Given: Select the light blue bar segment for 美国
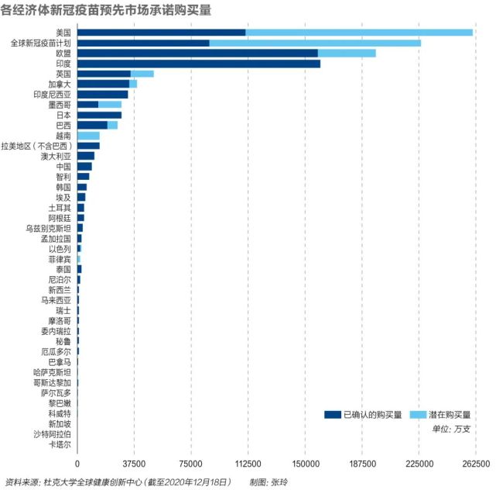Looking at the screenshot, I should pyautogui.click(x=359, y=33).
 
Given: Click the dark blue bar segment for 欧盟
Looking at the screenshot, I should pyautogui.click(x=197, y=53).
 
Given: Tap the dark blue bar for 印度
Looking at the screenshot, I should pyautogui.click(x=199, y=64).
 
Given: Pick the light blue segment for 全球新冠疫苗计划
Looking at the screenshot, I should pyautogui.click(x=315, y=43).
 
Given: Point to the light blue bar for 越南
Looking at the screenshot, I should pyautogui.click(x=88, y=136).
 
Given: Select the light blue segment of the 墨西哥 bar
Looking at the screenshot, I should pyautogui.click(x=110, y=105).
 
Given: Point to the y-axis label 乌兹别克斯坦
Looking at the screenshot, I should pyautogui.click(x=48, y=229).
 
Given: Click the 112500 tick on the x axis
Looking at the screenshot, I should pyautogui.click(x=248, y=464).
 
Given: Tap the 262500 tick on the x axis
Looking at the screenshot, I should pyautogui.click(x=475, y=464).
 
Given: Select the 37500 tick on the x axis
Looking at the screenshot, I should pyautogui.click(x=134, y=464).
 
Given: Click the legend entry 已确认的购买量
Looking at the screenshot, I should pyautogui.click(x=364, y=415).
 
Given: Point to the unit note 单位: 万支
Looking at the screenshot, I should pyautogui.click(x=451, y=430).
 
